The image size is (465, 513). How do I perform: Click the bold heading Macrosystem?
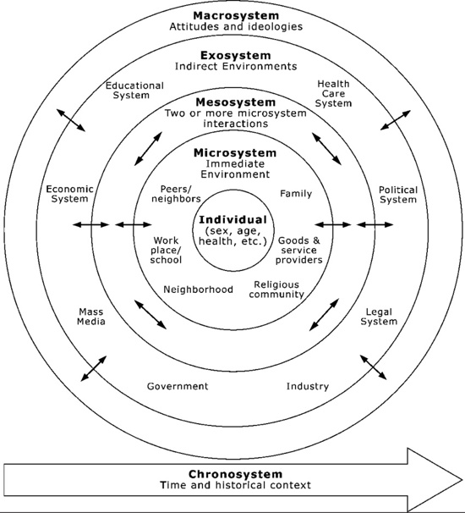(236, 15)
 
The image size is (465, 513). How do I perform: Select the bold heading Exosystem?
(236, 55)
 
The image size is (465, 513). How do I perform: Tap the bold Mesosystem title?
(236, 102)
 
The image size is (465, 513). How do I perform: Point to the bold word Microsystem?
(235, 152)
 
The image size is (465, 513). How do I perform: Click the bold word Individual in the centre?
(233, 219)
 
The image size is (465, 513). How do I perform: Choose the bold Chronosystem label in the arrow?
(235, 474)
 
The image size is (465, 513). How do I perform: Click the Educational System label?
(134, 91)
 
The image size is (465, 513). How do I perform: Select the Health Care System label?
(333, 94)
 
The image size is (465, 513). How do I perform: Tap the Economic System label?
(69, 194)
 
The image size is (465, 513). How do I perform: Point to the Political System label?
(398, 195)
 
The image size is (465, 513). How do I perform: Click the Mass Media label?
(90, 317)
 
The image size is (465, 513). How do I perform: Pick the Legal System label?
(379, 317)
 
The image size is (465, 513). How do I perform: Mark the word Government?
(178, 386)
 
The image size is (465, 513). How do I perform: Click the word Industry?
(308, 386)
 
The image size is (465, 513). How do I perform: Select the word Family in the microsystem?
(296, 194)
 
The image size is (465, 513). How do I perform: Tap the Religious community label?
(276, 290)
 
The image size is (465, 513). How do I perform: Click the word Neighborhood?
(198, 290)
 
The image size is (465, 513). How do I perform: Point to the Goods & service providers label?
(298, 251)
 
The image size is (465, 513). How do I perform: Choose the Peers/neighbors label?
(176, 194)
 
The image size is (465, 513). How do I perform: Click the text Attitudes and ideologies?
(236, 26)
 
